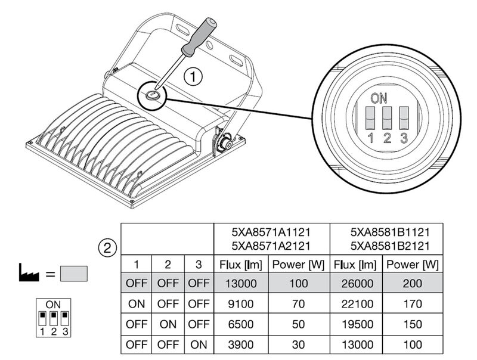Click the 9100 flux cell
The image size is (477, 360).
pos(241,303)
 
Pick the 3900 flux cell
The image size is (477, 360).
pos(241,345)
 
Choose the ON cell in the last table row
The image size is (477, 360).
pos(198,345)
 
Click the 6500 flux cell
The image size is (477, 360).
pos(241,324)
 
